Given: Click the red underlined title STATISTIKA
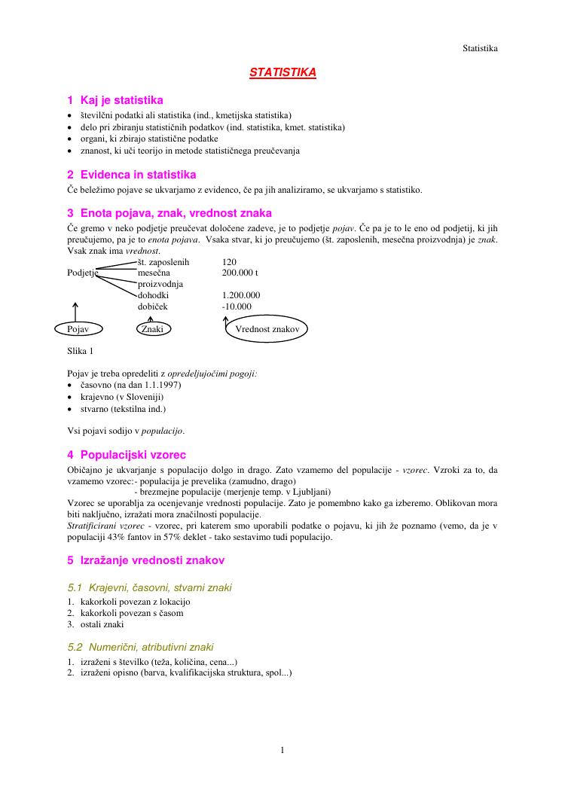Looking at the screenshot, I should pyautogui.click(x=282, y=72).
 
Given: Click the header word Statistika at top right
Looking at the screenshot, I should pyautogui.click(x=480, y=48).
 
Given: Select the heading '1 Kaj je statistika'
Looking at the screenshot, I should pyautogui.click(x=115, y=100).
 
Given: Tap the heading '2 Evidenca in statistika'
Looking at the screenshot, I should pyautogui.click(x=132, y=175).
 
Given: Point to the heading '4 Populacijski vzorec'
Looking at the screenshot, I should pyautogui.click(x=127, y=455).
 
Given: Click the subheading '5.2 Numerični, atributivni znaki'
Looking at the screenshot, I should pyautogui.click(x=140, y=647).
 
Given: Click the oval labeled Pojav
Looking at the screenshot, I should pyautogui.click(x=78, y=329).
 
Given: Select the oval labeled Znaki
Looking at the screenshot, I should pyautogui.click(x=153, y=329).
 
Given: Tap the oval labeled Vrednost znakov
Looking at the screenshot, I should pyautogui.click(x=267, y=330).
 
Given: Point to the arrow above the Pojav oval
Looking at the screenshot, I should pyautogui.click(x=75, y=310).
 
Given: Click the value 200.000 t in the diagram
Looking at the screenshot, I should pyautogui.click(x=240, y=273).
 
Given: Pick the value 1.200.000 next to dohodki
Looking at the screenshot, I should pyautogui.click(x=241, y=296).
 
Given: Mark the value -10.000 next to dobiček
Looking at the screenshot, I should pyautogui.click(x=237, y=307).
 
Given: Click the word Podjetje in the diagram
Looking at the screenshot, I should pyautogui.click(x=83, y=273).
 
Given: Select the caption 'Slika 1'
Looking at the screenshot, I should pyautogui.click(x=81, y=351).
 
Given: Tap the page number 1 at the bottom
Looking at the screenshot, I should pyautogui.click(x=282, y=749).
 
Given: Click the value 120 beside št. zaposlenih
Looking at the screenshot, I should pyautogui.click(x=230, y=261).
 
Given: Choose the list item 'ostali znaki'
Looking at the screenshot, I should pyautogui.click(x=102, y=624).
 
